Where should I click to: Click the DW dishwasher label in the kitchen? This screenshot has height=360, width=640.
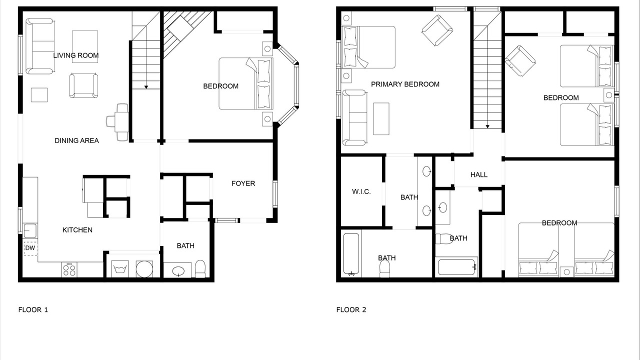click(x=30, y=248)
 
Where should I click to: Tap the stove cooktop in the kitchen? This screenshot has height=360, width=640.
click(x=69, y=269)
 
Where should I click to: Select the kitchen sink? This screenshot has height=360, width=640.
click(x=30, y=231)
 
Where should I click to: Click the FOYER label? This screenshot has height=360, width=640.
click(x=243, y=183)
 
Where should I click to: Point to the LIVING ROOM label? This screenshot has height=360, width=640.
click(x=76, y=55)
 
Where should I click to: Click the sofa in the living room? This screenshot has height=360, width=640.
click(x=39, y=46)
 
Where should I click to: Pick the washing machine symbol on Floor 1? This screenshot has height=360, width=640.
click(x=119, y=269)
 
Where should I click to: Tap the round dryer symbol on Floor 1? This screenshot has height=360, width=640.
click(x=144, y=269)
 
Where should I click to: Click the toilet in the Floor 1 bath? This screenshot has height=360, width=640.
click(x=200, y=269)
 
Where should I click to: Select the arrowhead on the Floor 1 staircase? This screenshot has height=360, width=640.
click(x=146, y=87)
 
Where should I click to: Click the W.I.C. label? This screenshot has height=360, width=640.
click(x=361, y=191)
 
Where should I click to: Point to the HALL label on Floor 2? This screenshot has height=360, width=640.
click(x=479, y=175)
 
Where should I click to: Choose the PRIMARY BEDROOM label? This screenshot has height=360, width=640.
click(x=405, y=84)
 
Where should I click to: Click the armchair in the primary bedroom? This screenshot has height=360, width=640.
click(x=437, y=30)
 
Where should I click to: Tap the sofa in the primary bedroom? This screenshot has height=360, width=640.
click(x=354, y=117)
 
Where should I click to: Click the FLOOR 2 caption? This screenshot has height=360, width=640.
click(x=351, y=309)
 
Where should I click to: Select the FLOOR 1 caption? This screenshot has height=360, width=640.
click(x=33, y=309)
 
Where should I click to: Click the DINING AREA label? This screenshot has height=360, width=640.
click(x=76, y=140)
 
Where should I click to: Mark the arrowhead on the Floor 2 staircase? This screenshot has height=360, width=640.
click(x=487, y=126)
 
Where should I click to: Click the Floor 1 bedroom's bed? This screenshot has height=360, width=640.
click(x=246, y=83)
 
